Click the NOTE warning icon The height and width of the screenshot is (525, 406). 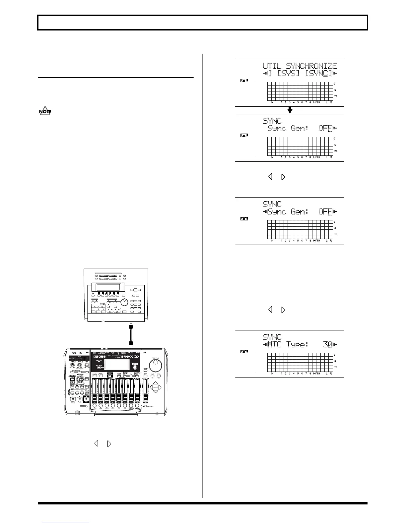click(45, 111)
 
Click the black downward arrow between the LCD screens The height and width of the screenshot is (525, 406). click(289, 110)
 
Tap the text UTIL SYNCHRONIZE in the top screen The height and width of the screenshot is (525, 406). click(300, 66)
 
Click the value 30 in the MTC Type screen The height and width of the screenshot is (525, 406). click(327, 345)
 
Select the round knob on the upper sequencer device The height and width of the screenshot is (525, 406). click(124, 302)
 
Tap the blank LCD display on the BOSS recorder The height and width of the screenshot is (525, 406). click(116, 365)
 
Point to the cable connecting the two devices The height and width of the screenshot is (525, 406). click(131, 334)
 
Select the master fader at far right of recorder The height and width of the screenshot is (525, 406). click(145, 396)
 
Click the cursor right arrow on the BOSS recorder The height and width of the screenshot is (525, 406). click(160, 387)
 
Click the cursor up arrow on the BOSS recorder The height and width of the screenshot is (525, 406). click(156, 382)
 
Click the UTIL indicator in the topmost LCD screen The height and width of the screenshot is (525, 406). click(244, 81)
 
